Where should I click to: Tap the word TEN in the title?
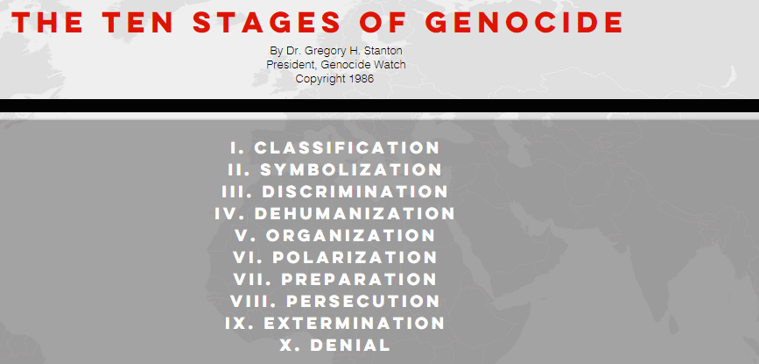137,22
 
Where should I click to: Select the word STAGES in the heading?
267,22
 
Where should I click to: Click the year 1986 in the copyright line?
362,79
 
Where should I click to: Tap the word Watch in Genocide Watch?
390,64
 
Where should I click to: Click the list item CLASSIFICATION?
347,148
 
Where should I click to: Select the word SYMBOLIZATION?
351,169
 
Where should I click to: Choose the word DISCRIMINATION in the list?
355,191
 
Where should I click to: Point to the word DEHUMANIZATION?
355,213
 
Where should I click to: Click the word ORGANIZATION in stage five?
350,235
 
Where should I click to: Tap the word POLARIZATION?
355,257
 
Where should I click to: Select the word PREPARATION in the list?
359,279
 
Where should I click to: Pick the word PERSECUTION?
363,301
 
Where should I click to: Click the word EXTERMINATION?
355,323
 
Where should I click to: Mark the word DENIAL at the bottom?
350,345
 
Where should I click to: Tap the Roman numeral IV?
229,213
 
